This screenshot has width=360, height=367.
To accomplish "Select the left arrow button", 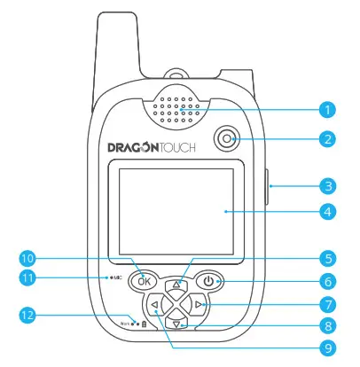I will point(155,308).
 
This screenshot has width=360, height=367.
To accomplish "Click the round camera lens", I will point(229,139).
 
